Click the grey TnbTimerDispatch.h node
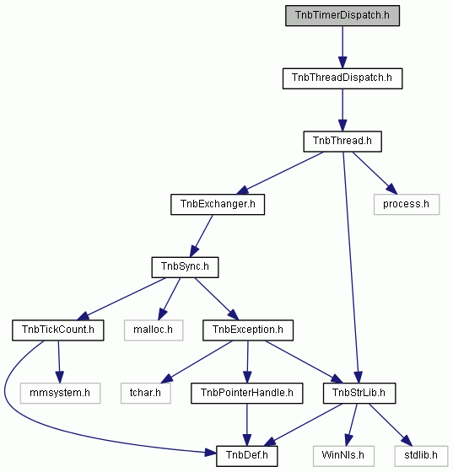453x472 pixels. tap(342, 15)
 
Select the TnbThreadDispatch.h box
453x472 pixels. tap(342, 78)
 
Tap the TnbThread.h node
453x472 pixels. tap(342, 142)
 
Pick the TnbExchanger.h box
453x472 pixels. tap(218, 204)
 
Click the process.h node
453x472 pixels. tap(407, 204)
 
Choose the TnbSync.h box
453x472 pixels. tap(185, 267)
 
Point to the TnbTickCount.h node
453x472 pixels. tap(58, 330)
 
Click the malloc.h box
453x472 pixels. tap(154, 330)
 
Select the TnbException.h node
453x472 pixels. tap(248, 330)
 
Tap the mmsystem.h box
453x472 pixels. tap(60, 393)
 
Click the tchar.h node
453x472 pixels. tap(145, 393)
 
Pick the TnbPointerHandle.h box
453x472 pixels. tap(246, 393)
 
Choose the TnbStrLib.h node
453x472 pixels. tap(359, 393)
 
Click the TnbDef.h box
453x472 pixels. tap(246, 456)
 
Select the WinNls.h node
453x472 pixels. tap(343, 456)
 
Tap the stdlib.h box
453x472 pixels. tap(421, 456)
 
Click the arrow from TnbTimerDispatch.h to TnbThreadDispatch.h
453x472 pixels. tap(342, 47)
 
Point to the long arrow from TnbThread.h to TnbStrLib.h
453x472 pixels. tap(351, 267)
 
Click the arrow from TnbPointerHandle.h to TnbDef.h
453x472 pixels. tap(246, 425)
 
